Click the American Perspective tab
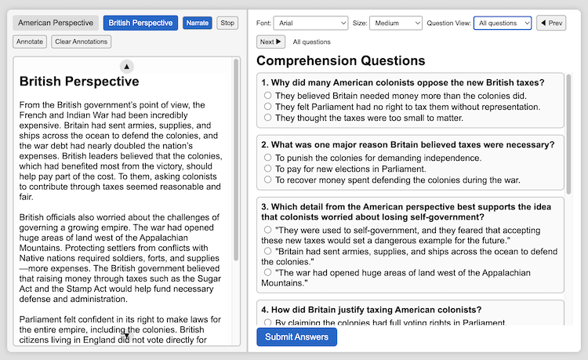56,23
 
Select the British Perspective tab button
140,23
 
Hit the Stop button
227,23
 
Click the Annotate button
30,42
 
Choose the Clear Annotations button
82,42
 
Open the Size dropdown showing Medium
395,23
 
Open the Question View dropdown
502,23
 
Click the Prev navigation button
551,23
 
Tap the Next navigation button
270,42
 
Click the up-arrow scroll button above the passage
127,66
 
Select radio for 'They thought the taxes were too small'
268,118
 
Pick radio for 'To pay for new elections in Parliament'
268,169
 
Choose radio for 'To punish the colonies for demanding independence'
268,158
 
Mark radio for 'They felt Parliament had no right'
268,107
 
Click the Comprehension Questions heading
340,60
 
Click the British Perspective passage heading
79,82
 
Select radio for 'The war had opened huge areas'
268,272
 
